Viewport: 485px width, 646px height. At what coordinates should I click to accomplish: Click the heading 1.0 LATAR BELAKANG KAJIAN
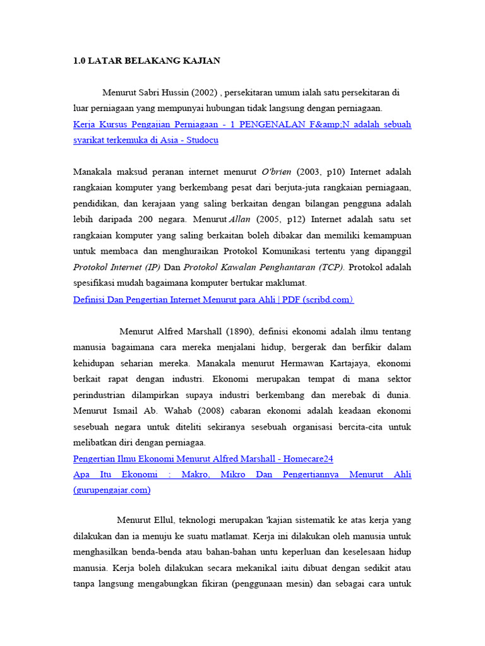pyautogui.click(x=147, y=61)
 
